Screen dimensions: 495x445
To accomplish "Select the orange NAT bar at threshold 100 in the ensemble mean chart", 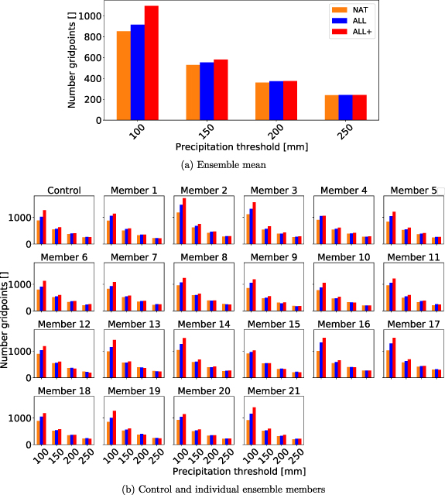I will tap(123, 76).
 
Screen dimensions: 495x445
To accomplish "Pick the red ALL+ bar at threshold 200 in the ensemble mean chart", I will tap(290, 101).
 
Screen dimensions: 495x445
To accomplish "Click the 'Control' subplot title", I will tap(64, 191).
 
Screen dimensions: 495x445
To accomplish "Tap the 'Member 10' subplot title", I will tap(342, 257).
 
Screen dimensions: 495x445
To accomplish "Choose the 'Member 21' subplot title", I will tap(272, 391).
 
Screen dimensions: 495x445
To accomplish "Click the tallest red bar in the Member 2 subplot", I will tap(184, 222).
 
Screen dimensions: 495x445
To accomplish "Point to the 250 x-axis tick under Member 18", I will tap(84, 458).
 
